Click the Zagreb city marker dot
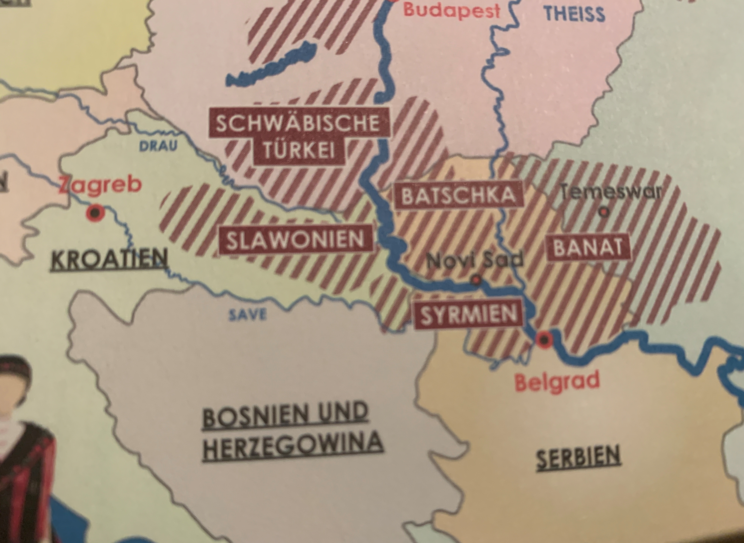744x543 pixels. [95, 213]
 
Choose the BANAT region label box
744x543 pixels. [588, 248]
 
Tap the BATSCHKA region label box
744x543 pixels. [458, 195]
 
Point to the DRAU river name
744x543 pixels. [158, 146]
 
